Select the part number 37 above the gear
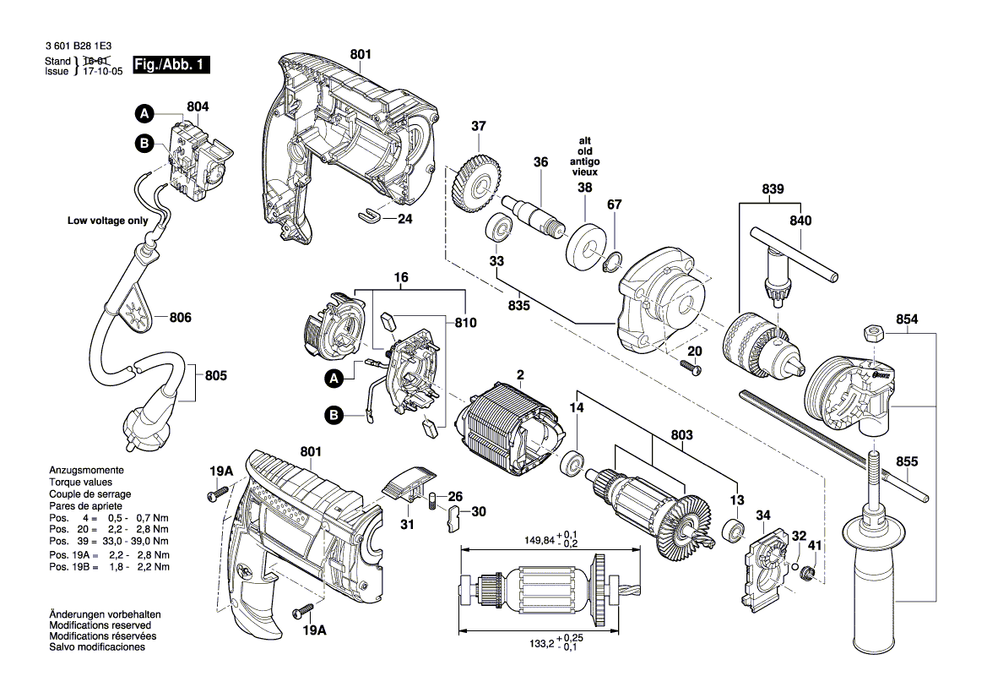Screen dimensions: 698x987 click(x=479, y=127)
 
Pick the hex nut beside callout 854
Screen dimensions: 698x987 click(x=874, y=330)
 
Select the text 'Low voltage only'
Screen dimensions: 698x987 click(x=107, y=221)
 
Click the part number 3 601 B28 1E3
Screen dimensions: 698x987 click(x=83, y=49)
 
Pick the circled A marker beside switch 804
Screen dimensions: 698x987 click(x=144, y=112)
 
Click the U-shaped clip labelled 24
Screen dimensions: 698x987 click(x=370, y=216)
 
